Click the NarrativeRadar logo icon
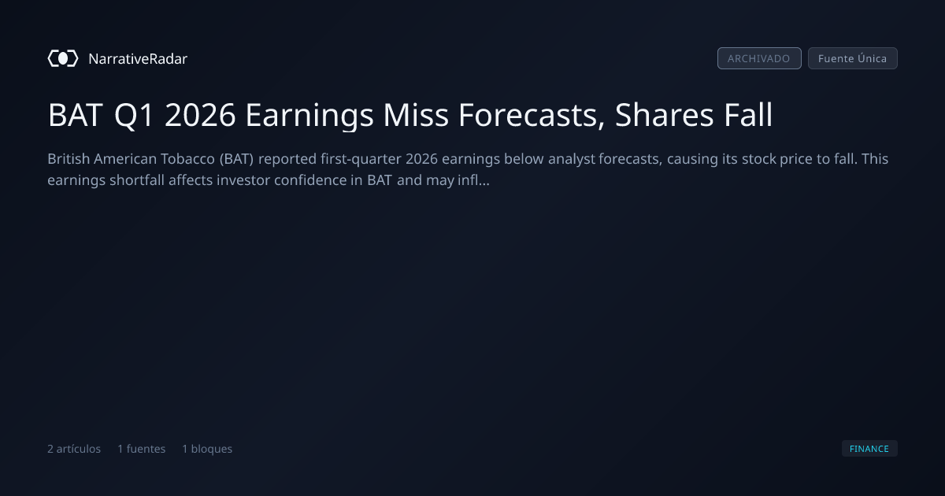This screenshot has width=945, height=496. pyautogui.click(x=63, y=58)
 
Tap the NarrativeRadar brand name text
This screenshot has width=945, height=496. pyautogui.click(x=138, y=58)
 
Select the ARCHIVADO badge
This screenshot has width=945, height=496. pyautogui.click(x=759, y=58)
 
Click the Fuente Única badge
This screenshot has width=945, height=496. pyautogui.click(x=853, y=58)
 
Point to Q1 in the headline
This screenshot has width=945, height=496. pyautogui.click(x=133, y=115)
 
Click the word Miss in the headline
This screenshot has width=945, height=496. pyautogui.click(x=416, y=114)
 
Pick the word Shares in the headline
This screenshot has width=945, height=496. pyautogui.click(x=664, y=114)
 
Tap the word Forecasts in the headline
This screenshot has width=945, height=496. pyautogui.click(x=532, y=115)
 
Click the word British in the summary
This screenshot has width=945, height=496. pyautogui.click(x=69, y=159)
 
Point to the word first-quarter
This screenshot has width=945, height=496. pyautogui.click(x=361, y=159)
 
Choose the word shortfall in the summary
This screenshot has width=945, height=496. pyautogui.click(x=137, y=180)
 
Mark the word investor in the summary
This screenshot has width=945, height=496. pyautogui.click(x=243, y=180)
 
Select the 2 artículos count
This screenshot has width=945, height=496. pyautogui.click(x=74, y=449)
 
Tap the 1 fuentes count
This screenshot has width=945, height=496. pyautogui.click(x=141, y=449)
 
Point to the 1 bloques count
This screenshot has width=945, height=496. pyautogui.click(x=207, y=449)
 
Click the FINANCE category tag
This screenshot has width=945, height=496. pyautogui.click(x=869, y=449)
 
